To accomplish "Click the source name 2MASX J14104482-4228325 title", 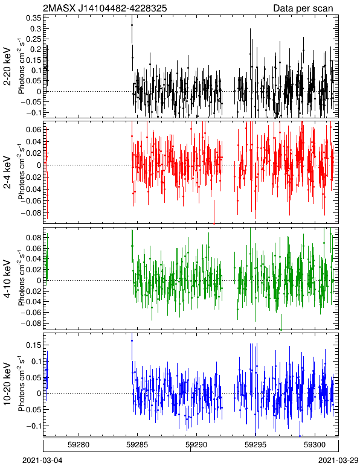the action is pyautogui.click(x=105, y=8).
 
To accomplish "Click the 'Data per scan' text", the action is pyautogui.click(x=303, y=8).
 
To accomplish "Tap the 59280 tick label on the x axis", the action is pyautogui.click(x=79, y=445).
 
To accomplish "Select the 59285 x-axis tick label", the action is pyautogui.click(x=137, y=445).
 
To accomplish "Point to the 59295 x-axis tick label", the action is pyautogui.click(x=256, y=445).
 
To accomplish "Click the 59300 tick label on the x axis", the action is pyautogui.click(x=315, y=445).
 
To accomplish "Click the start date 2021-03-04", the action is pyautogui.click(x=42, y=461).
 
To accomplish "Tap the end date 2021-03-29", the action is pyautogui.click(x=338, y=461).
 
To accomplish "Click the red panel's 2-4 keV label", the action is pyautogui.click(x=7, y=173).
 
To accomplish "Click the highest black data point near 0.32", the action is pyautogui.click(x=132, y=25).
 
